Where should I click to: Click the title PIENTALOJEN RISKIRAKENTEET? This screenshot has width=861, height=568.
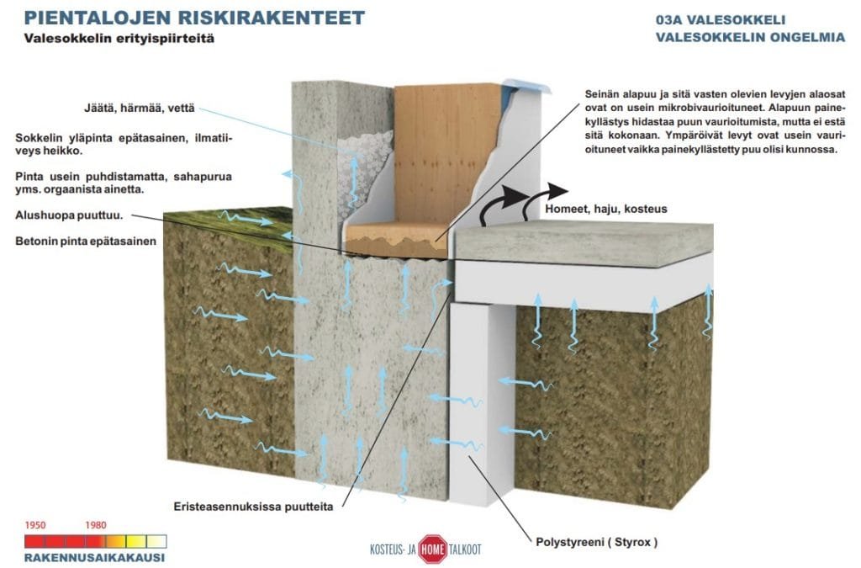194,18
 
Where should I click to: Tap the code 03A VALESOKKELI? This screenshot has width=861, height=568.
721,20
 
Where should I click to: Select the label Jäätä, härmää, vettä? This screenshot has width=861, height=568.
140,109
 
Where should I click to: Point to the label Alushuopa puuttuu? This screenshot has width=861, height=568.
69,215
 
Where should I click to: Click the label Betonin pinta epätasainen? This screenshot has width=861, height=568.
86,242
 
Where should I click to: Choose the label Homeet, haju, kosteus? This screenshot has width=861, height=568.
606,209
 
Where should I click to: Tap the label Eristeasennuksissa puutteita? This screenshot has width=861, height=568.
253,507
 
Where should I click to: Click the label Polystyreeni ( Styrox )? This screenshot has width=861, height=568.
596,542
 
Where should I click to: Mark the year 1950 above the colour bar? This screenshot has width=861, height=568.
35,525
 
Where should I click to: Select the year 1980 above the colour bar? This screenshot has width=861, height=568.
96,525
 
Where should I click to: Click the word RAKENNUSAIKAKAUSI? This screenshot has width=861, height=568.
94,558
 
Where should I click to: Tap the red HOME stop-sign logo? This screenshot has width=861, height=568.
433,549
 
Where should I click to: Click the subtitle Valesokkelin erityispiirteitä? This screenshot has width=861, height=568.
119,39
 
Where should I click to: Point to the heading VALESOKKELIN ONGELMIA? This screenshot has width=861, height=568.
750,37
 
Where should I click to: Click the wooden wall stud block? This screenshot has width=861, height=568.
445,154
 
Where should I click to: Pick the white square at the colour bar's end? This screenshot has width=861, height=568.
156,542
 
